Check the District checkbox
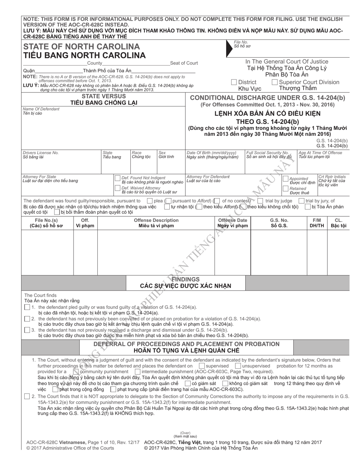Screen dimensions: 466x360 [x=234, y=82]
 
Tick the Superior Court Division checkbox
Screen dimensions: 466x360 [x=275, y=82]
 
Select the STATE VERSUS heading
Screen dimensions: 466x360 [x=99, y=97]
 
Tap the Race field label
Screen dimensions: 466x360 [x=136, y=153]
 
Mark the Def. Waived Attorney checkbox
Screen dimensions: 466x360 [x=117, y=188]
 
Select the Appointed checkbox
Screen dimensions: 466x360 [x=286, y=178]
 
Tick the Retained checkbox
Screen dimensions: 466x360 [x=286, y=188]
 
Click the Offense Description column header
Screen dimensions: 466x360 [x=156, y=220]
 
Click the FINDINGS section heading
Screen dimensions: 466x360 [x=185, y=279]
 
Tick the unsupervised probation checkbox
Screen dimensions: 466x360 [x=238, y=366]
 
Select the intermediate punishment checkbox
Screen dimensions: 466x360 [x=137, y=372]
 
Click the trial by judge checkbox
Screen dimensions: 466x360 [x=260, y=201]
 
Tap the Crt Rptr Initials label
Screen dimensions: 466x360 [x=332, y=177]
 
